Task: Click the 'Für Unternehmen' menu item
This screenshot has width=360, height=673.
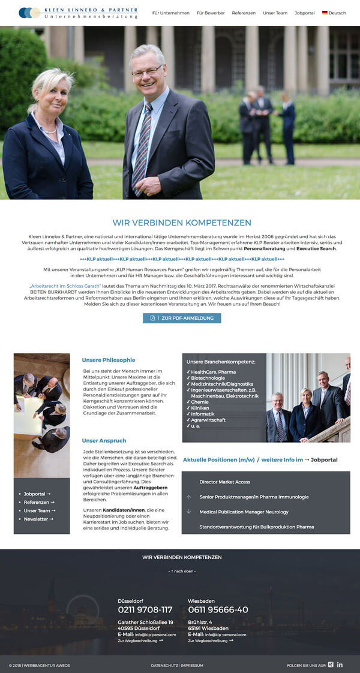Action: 170,13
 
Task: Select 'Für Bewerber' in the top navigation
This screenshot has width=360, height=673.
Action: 211,13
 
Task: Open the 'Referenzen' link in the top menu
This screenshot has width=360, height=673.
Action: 244,13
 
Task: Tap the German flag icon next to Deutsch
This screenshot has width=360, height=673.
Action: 325,13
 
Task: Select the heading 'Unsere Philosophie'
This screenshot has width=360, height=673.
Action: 109,360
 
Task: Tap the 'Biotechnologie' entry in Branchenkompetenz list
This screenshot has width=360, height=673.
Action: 208,378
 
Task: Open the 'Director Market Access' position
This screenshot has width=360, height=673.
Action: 224,482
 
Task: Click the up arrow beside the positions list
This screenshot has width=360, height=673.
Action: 189,497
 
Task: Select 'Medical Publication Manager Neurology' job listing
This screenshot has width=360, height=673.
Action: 244,512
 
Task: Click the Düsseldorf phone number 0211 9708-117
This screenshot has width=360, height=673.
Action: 145,609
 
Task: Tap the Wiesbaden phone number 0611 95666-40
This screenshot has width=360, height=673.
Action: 218,609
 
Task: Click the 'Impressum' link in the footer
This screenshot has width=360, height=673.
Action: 192,665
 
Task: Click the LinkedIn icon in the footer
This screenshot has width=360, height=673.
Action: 340,665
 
